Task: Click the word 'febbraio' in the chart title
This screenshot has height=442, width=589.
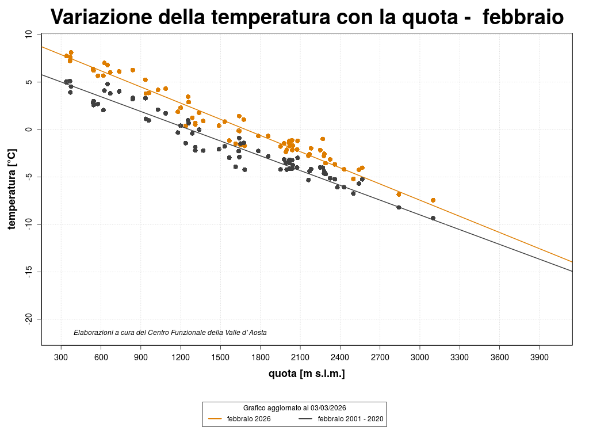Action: coord(523,17)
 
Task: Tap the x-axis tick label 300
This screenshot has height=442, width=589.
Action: coord(61,357)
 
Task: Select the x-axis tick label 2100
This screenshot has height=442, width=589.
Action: coord(300,357)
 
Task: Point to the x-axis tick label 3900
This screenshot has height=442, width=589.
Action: coord(539,357)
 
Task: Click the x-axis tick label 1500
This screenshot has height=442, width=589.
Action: coord(220,357)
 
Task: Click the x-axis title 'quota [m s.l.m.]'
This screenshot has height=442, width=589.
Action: coord(307,374)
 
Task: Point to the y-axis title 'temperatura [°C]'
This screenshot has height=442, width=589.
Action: coord(12,189)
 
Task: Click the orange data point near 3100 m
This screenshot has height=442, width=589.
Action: coord(433,200)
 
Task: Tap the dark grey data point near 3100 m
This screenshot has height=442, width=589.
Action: coord(433,218)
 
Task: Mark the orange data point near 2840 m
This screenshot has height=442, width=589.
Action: coord(399,195)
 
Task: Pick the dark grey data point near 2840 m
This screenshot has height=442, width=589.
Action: coord(399,207)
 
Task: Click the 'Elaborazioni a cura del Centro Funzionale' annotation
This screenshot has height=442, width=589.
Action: coord(170,333)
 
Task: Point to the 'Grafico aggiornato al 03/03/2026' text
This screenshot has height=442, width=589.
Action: coord(294,407)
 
